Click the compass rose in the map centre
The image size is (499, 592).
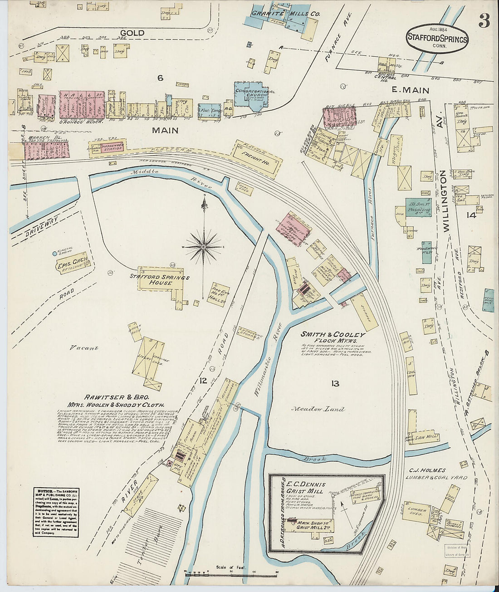tap(204, 246)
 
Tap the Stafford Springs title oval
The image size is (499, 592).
tap(437, 39)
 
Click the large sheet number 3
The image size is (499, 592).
tap(484, 21)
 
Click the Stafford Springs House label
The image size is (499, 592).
tap(159, 279)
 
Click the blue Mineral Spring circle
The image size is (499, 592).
tap(54, 253)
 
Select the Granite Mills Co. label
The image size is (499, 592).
tap(286, 14)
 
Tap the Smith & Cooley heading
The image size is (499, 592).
tap(333, 334)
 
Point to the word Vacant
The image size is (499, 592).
tap(84, 348)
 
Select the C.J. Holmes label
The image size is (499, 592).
tap(427, 470)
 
